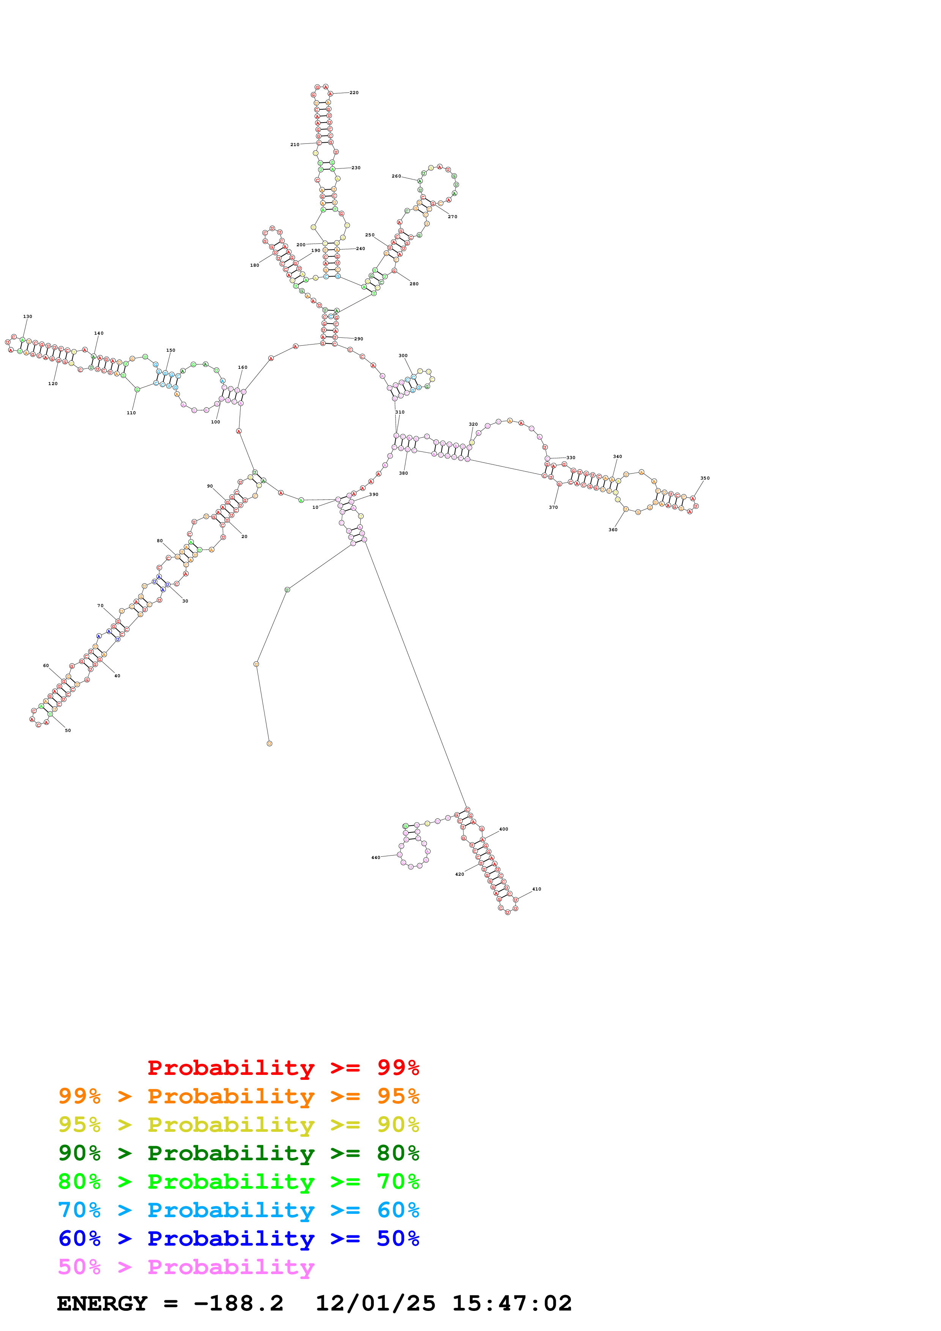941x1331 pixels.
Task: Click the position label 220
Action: [x=354, y=93]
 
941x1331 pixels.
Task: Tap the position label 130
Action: [x=27, y=316]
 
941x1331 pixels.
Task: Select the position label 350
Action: [x=705, y=478]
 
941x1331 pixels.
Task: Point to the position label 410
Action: [x=536, y=889]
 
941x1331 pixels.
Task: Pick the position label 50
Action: [x=68, y=730]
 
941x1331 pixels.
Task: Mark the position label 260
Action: [x=396, y=176]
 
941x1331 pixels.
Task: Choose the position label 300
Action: [x=403, y=356]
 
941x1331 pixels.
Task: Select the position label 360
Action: [x=613, y=530]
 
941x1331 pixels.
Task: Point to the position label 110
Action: [x=131, y=413]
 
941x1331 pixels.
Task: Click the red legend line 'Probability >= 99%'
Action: [x=283, y=1067]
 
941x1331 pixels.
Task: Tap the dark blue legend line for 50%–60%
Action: [x=238, y=1238]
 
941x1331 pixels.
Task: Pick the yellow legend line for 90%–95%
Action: [x=238, y=1124]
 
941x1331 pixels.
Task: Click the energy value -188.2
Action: [x=238, y=1303]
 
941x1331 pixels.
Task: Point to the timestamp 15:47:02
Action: [x=511, y=1303]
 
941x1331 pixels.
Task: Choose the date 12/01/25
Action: [x=375, y=1303]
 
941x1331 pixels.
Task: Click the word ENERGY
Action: [x=102, y=1303]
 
